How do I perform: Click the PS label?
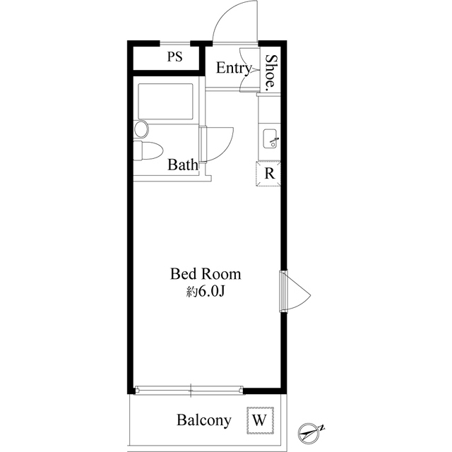pos(175,56)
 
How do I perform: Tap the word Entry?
pos(234,69)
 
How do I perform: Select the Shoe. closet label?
pos(270,71)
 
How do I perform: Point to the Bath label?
pos(183,165)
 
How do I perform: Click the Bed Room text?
pos(206,273)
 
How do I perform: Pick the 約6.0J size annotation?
pos(206,292)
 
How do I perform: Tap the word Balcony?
pos(204,420)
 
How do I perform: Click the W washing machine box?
pos(260,420)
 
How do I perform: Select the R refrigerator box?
pos(268,174)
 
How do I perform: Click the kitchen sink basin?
pos(270,138)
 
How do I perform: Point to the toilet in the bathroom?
pos(148,150)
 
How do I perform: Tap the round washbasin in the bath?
pos(141,129)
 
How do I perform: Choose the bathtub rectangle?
pos(165,101)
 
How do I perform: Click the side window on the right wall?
pos(284,291)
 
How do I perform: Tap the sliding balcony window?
pos(190,391)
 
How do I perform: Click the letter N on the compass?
pos(323,427)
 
